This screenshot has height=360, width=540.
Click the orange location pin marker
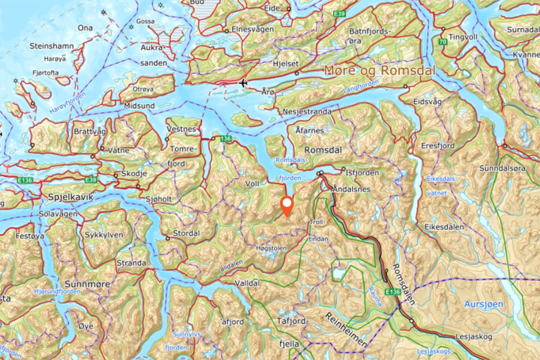[x=287, y=206]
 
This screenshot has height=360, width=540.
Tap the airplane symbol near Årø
[x=243, y=83]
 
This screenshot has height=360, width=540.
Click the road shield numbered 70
[x=443, y=42]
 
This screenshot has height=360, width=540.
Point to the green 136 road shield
[x=227, y=138]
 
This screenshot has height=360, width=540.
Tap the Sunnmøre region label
[x=88, y=284]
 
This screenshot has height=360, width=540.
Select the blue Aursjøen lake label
[x=483, y=304]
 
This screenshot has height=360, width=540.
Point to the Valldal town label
[x=247, y=284]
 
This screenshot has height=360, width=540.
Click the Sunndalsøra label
[x=502, y=168]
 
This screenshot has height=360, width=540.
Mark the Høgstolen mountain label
[x=271, y=249]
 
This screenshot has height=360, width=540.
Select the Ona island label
[x=85, y=28]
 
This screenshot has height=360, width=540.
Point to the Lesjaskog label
[x=473, y=337]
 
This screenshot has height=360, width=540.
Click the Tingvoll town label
[x=463, y=37]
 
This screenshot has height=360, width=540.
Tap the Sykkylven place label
[x=104, y=235]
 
